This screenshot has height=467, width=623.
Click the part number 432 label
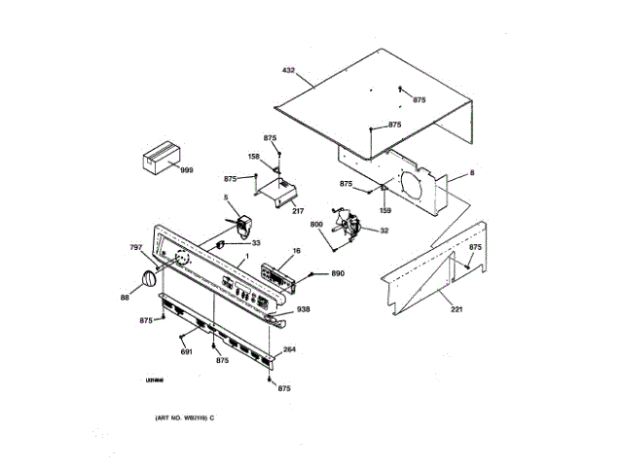(x=288, y=70)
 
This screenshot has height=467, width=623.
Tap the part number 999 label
(x=187, y=169)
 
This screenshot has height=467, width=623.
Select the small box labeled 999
(x=161, y=158)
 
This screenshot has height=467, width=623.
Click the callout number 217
(x=298, y=210)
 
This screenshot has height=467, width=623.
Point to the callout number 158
(x=253, y=156)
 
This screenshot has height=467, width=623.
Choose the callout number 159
(x=385, y=210)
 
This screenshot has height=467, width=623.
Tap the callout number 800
(x=317, y=226)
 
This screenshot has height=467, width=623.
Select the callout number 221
(x=457, y=310)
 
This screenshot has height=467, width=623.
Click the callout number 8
(x=472, y=173)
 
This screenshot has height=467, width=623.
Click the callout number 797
(x=136, y=248)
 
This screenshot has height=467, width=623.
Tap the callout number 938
(x=304, y=309)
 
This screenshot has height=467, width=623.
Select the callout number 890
(x=338, y=274)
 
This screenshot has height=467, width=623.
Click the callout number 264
(x=289, y=350)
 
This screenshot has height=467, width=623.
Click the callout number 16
(x=296, y=250)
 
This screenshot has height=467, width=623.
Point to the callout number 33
(x=257, y=242)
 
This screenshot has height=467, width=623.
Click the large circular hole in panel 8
(x=415, y=191)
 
